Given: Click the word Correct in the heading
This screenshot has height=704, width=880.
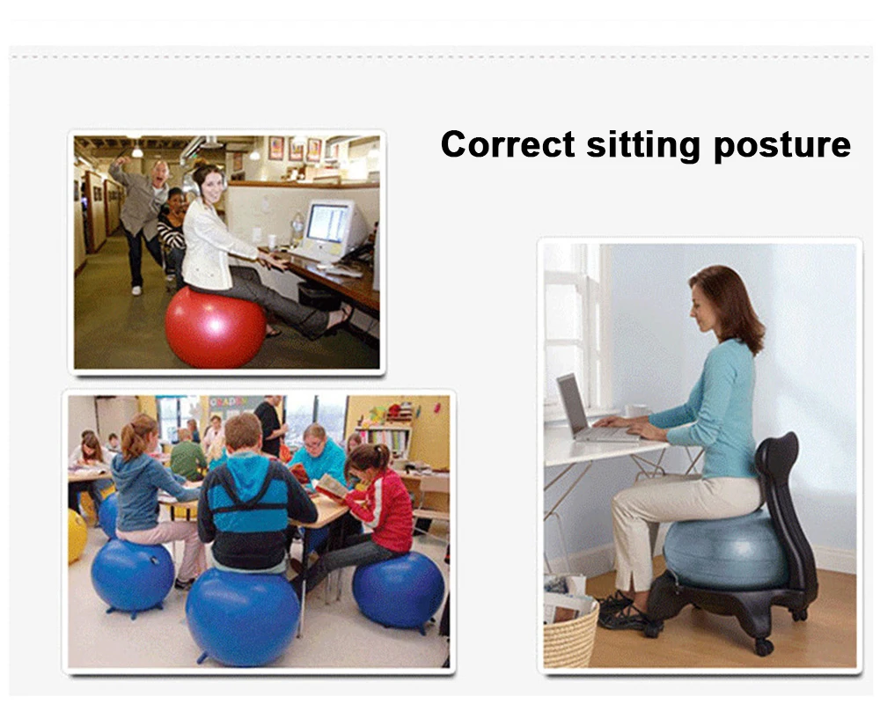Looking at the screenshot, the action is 508,144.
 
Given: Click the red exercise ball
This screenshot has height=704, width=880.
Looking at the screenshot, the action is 216,327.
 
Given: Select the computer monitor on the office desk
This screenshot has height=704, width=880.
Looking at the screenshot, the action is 330,227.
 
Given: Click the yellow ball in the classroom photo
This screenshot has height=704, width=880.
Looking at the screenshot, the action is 77,536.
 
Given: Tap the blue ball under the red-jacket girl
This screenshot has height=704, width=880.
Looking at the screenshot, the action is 398,590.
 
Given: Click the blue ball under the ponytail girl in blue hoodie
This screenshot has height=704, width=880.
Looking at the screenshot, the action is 133,576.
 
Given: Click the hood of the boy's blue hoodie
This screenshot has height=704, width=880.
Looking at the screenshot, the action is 246,471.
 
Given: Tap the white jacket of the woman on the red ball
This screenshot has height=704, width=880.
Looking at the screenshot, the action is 213,247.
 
